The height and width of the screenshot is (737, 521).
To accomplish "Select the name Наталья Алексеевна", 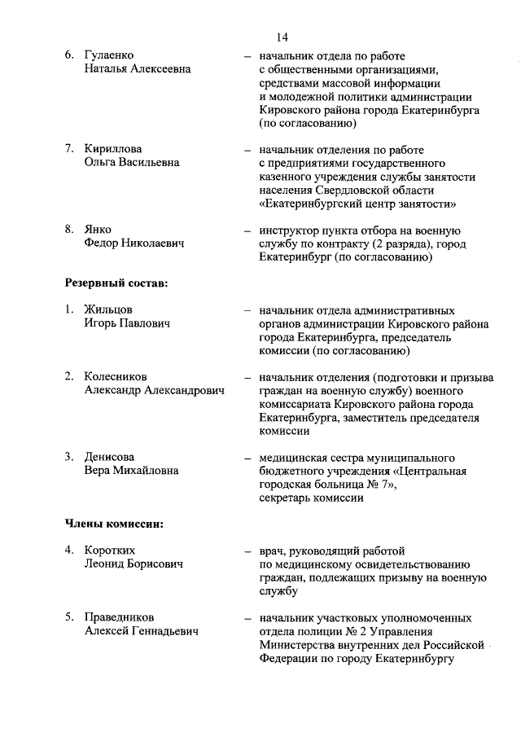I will coord(138,69).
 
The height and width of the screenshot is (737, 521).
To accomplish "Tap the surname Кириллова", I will coord(113,149).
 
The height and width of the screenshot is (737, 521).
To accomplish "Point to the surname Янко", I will coord(98,230).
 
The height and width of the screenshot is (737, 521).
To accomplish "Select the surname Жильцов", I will coord(108,310).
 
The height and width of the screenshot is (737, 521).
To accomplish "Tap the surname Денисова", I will coord(110,457).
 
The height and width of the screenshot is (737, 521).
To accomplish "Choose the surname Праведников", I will coord(119,617).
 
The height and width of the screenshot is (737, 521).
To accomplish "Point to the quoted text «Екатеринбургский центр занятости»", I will coord(357,203).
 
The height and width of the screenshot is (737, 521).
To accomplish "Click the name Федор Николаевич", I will coord(134,243).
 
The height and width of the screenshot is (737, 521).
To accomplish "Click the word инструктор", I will coord(291,230).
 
